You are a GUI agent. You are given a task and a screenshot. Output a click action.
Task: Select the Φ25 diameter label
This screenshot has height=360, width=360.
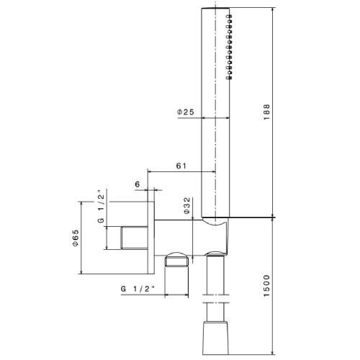[185, 112]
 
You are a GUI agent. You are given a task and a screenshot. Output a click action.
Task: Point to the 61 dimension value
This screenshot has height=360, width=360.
[182, 165]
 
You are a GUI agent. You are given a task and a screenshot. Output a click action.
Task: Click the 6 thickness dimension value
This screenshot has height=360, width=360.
[137, 185]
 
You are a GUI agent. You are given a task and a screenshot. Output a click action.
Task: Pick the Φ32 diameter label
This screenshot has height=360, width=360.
[187, 207]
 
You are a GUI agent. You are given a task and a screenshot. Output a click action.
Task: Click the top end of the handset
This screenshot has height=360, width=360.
[216, 11]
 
